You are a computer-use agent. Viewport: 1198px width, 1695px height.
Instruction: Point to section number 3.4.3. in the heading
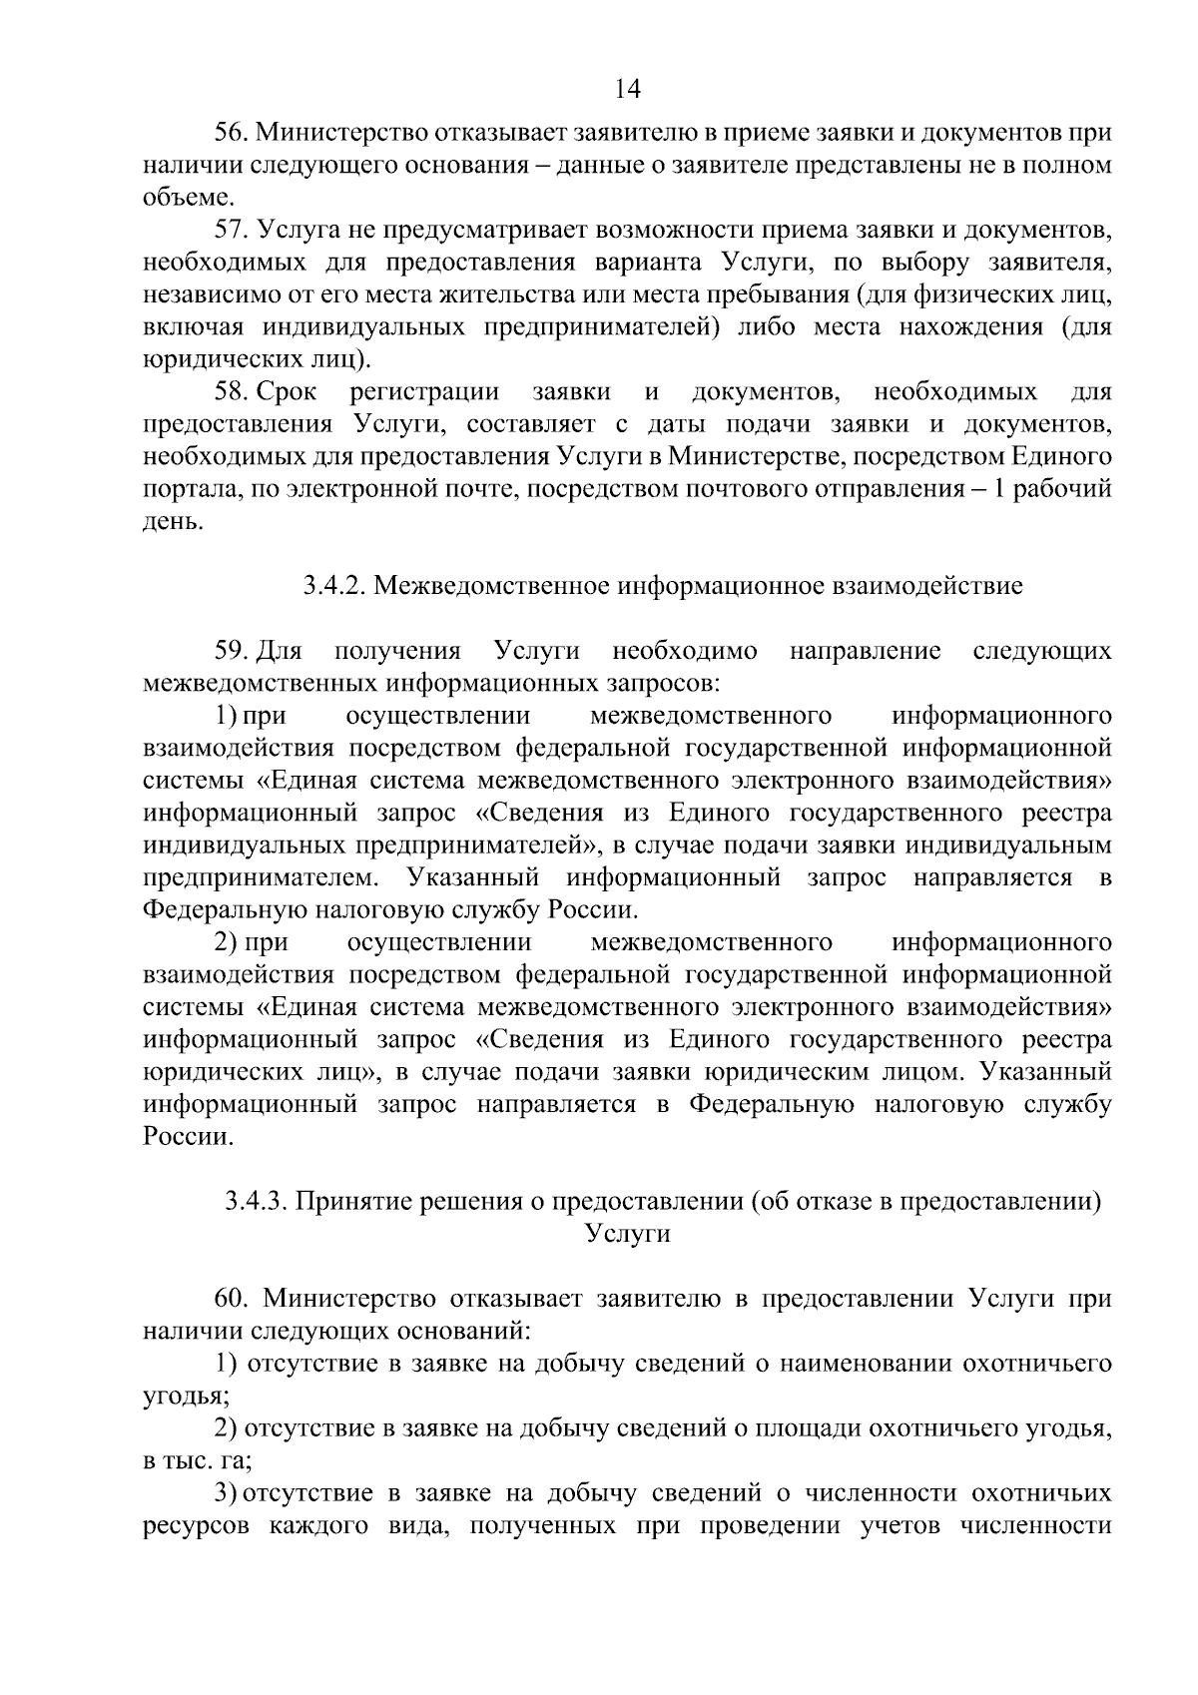[258, 1202]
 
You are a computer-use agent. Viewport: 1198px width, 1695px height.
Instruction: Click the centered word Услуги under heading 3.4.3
[627, 1234]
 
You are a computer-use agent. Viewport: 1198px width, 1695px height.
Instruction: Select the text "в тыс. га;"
[197, 1460]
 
